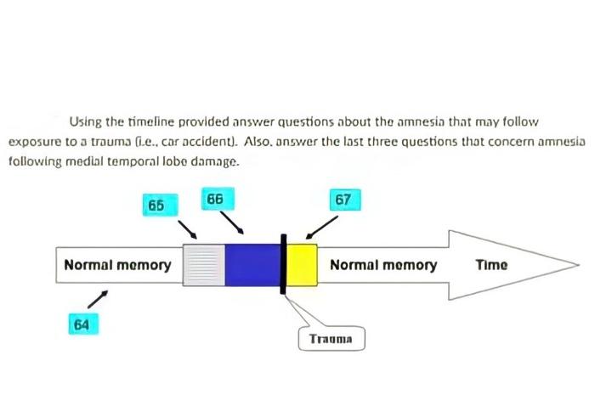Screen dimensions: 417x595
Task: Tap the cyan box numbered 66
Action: click(213, 200)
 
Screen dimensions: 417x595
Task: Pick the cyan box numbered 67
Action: click(343, 200)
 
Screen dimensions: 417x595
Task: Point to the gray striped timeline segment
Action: click(204, 264)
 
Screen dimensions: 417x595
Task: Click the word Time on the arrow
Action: click(491, 264)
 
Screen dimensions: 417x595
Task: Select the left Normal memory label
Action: click(117, 264)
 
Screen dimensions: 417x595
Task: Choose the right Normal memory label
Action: click(383, 264)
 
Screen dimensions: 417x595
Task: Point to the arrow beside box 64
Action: click(99, 298)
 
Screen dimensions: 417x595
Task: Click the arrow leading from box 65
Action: click(189, 229)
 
